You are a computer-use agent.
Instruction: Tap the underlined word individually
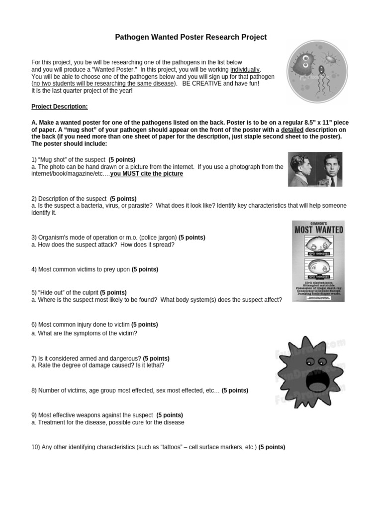coord(245,70)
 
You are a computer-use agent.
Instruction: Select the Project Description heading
coord(60,107)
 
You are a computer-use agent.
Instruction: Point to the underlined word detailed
coord(292,129)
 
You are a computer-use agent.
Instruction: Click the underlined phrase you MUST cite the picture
coord(147,174)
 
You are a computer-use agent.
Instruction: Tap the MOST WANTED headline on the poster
coord(318,230)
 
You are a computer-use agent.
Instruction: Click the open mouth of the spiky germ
coord(301,382)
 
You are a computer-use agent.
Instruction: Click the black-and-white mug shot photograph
coord(315,169)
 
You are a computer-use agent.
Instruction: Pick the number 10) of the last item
coord(35,447)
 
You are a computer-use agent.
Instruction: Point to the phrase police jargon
coord(158,238)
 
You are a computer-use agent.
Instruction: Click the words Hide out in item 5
coord(52,292)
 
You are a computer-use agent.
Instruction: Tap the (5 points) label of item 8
coord(235,390)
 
